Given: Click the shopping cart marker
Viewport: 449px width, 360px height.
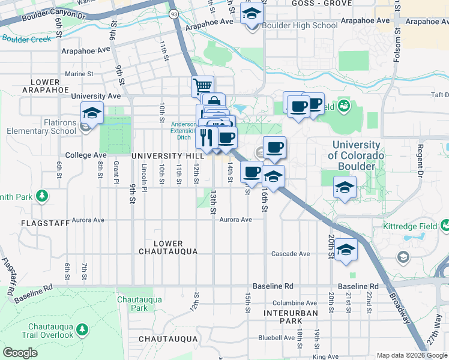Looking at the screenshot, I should [x=203, y=86].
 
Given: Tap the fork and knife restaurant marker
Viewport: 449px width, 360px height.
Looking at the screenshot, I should [x=206, y=137].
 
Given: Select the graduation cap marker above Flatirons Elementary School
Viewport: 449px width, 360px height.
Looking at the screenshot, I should [x=92, y=112].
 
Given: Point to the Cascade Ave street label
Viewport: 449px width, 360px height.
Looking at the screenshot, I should [x=291, y=254].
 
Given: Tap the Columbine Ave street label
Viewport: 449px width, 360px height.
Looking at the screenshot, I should [x=294, y=303].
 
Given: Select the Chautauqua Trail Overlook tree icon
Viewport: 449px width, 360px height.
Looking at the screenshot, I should [x=82, y=329].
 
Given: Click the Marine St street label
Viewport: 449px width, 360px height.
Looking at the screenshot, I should [x=79, y=74].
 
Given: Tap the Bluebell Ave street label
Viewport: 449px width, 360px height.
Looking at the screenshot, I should [x=276, y=338].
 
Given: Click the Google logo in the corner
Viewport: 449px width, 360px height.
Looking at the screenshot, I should [x=20, y=353].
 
